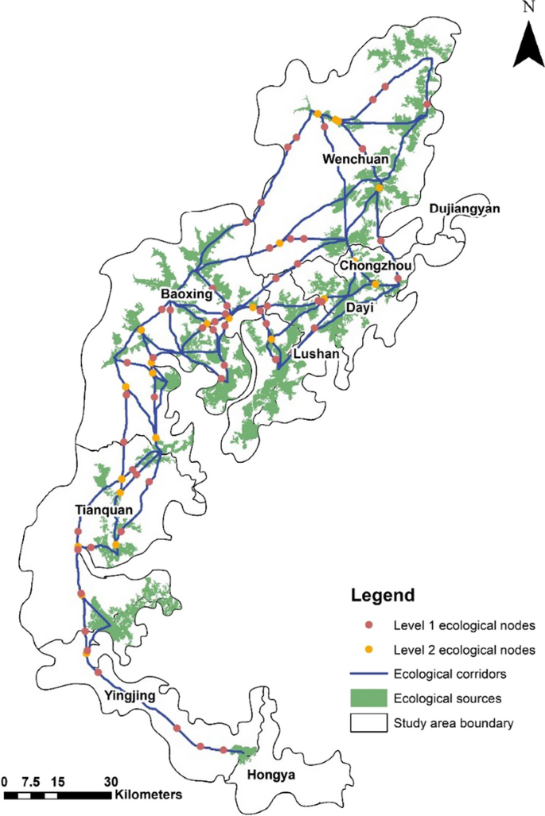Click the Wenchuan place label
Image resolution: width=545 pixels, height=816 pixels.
(355, 160)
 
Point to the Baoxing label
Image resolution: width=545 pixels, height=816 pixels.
(186, 294)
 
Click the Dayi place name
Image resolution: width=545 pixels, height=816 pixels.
(359, 306)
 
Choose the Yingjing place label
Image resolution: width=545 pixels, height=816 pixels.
(130, 697)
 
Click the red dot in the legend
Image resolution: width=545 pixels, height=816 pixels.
(368, 624)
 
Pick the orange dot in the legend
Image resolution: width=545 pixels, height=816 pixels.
(368, 650)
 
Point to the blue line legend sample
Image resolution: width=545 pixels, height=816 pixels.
(368, 674)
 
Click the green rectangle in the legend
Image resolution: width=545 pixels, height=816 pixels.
(368, 699)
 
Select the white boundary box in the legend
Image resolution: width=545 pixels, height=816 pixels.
(368, 724)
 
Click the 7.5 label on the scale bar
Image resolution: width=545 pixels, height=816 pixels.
(32, 780)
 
